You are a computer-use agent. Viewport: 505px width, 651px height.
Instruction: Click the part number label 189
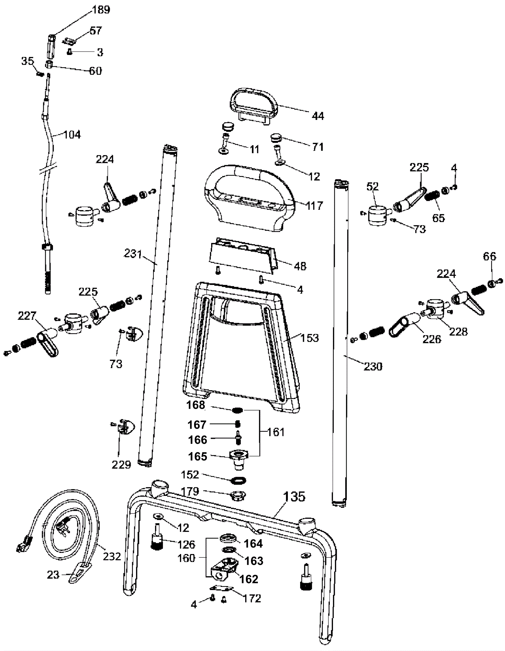click(101, 10)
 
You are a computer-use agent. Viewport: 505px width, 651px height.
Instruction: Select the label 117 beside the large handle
click(314, 206)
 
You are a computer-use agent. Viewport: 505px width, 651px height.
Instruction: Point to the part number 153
click(310, 338)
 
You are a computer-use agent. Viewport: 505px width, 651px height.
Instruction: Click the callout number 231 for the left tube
click(133, 254)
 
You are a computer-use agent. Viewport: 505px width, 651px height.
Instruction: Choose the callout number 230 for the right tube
click(373, 366)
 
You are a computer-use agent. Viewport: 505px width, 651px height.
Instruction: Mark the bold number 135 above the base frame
click(294, 496)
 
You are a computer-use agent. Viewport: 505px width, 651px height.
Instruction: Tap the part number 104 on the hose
click(72, 135)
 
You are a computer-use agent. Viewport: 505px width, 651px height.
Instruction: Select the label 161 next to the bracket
click(276, 432)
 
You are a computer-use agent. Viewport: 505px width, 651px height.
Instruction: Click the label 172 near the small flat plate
click(252, 598)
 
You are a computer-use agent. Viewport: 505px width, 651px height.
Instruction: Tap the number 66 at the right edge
click(489, 256)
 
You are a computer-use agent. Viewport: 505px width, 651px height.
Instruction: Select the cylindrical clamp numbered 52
click(377, 215)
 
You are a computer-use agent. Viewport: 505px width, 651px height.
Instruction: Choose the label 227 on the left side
click(27, 316)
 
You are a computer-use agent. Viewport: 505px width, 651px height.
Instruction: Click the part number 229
click(121, 465)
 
